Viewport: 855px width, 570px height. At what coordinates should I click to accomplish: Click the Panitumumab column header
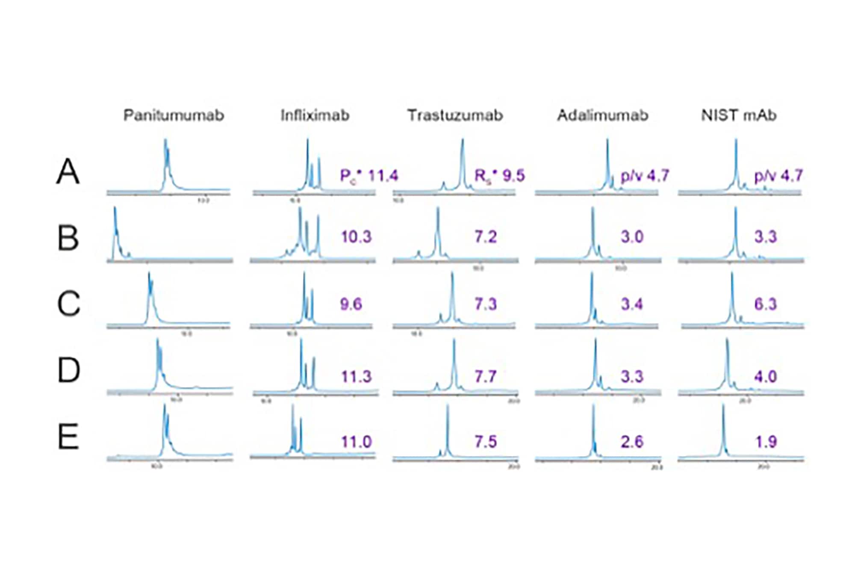pos(174,115)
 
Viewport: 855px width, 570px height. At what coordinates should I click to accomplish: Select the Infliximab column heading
pos(315,115)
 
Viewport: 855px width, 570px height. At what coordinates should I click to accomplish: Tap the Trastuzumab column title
pos(455,115)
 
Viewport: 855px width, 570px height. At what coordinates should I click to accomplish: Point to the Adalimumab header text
pos(602,115)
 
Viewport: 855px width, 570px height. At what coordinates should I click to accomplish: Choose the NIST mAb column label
pos(739,115)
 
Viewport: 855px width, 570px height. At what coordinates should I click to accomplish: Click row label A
pos(68,172)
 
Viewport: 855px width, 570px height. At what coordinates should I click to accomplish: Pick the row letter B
pos(68,238)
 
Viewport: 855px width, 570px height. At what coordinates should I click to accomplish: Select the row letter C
pos(68,304)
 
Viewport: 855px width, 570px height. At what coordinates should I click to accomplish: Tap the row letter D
pos(68,370)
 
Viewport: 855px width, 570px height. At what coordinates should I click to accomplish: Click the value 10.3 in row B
pos(356,236)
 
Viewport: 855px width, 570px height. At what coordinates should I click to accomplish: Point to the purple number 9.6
pos(351,304)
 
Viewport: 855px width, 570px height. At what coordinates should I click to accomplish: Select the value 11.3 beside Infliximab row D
pos(356,377)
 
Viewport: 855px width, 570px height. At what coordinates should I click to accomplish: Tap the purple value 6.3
pos(765,304)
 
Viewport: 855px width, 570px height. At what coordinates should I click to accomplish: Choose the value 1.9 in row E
pos(765,442)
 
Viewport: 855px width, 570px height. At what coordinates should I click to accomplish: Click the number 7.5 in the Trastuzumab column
pos(486,442)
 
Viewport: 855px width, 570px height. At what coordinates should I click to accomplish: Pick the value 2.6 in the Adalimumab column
pos(632,442)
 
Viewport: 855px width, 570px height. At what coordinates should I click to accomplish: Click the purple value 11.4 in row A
pos(383,175)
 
